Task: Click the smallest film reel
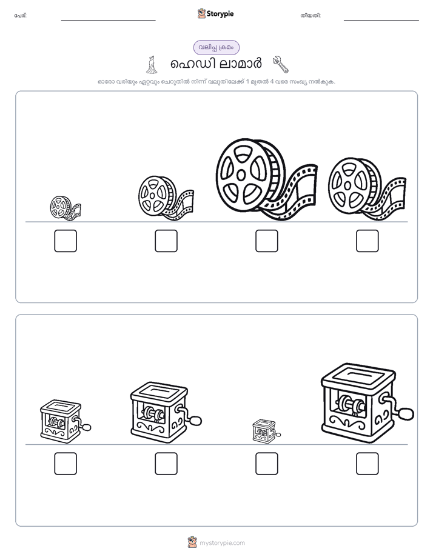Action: pos(65,207)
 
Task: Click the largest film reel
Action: pos(266,179)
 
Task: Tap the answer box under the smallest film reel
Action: pos(65,241)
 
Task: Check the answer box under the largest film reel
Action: pos(266,241)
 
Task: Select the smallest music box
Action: pos(266,431)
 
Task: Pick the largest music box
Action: pos(367,403)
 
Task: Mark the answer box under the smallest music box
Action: pos(266,464)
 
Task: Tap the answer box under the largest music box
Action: pos(368,464)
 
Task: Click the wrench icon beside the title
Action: pos(280,64)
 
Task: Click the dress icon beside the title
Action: pos(152,64)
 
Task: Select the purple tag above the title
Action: pos(216,47)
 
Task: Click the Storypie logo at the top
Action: pos(215,13)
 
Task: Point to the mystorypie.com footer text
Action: pos(222,543)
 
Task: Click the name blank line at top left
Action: pos(108,20)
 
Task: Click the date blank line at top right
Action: pos(381,20)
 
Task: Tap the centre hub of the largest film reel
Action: pos(241,175)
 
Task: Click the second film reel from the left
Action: pos(166,198)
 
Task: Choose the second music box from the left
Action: pos(166,413)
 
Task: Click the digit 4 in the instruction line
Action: pos(272,81)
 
